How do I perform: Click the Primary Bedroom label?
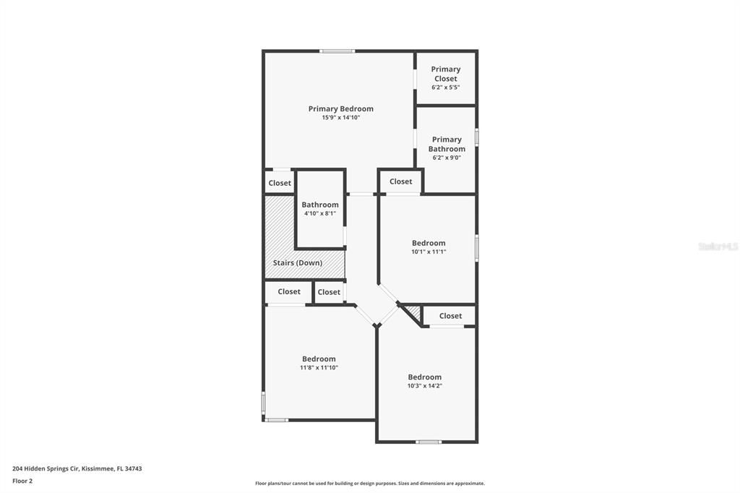[x=341, y=108]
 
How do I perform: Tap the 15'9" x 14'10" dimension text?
[x=341, y=118]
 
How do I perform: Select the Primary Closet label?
[x=445, y=74]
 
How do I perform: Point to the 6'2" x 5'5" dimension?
[x=445, y=87]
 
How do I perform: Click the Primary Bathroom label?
[x=447, y=144]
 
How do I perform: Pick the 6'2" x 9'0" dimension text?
[x=447, y=158]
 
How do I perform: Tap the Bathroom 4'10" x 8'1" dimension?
[x=320, y=213]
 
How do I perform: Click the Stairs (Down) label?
[x=297, y=262]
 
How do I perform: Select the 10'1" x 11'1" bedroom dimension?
[x=429, y=252]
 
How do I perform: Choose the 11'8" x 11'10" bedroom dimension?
[x=319, y=367]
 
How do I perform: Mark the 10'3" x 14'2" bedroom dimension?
[x=425, y=386]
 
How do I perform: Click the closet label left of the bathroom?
[x=280, y=183]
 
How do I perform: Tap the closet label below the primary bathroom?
[x=400, y=181]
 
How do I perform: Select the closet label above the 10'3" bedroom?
[x=450, y=316]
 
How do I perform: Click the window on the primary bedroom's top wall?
[x=337, y=51]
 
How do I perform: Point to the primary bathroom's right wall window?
[x=477, y=137]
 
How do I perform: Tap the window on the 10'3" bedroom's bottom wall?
[x=429, y=442]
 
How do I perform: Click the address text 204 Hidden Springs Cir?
[x=46, y=469]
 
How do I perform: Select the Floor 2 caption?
[x=22, y=481]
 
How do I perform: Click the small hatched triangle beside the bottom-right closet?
[x=413, y=312]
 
